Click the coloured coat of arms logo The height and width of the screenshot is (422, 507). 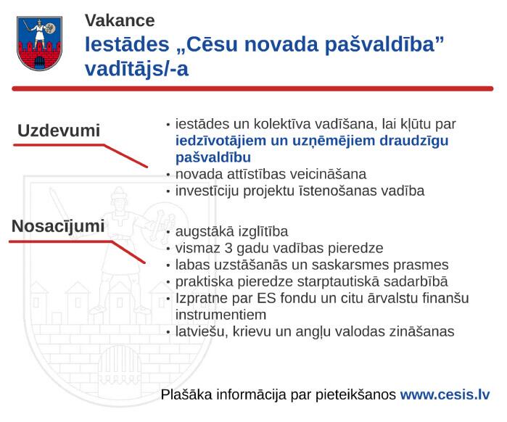pyautogui.click(x=39, y=44)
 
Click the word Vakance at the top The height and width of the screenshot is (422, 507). pyautogui.click(x=120, y=21)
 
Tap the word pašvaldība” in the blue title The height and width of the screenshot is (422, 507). pyautogui.click(x=384, y=45)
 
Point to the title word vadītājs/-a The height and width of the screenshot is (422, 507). pyautogui.click(x=136, y=70)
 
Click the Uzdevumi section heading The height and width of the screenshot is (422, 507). pyautogui.click(x=59, y=131)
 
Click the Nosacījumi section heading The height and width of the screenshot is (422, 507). pyautogui.click(x=58, y=226)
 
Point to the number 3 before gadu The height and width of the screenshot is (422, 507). pyautogui.click(x=228, y=249)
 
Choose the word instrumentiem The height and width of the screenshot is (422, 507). pyautogui.click(x=220, y=315)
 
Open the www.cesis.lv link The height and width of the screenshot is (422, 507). pyautogui.click(x=445, y=395)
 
